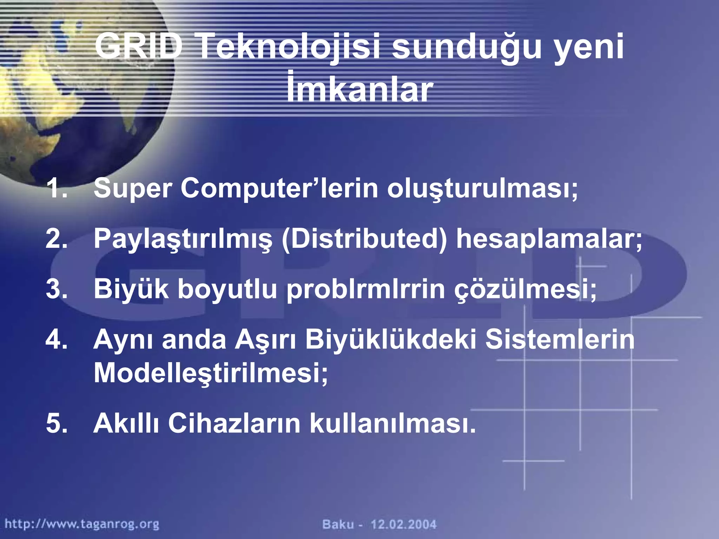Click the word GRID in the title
coord(138,46)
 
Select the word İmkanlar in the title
coord(359,90)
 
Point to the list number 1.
coord(56,188)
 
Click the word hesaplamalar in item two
coord(548,239)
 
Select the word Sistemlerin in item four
coord(560,339)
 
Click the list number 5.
coord(56,423)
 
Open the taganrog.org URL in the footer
coord(82,524)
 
